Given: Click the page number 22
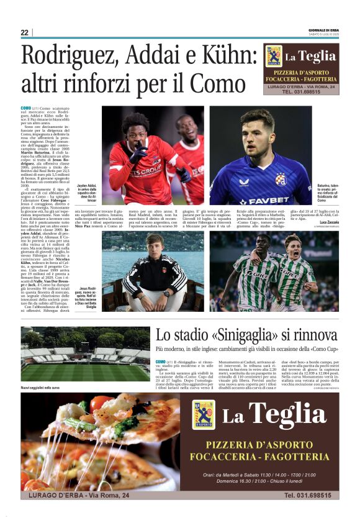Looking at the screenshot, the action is [24, 32].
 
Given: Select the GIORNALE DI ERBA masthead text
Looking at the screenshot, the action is [323, 29].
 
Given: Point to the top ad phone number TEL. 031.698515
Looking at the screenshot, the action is [301, 92].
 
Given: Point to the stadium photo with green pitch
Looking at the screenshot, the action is [85, 355].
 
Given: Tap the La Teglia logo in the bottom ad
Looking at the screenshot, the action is [204, 414].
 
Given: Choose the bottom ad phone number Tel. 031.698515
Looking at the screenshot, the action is [308, 495].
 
